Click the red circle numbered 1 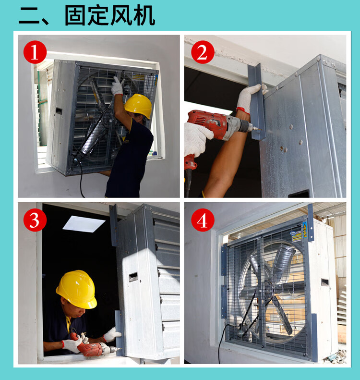35,52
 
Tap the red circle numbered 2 202,52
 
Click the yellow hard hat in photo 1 138,105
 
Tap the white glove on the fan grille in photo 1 117,86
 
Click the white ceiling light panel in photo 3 84,224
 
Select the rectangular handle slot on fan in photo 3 133,277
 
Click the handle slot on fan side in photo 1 59,111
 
